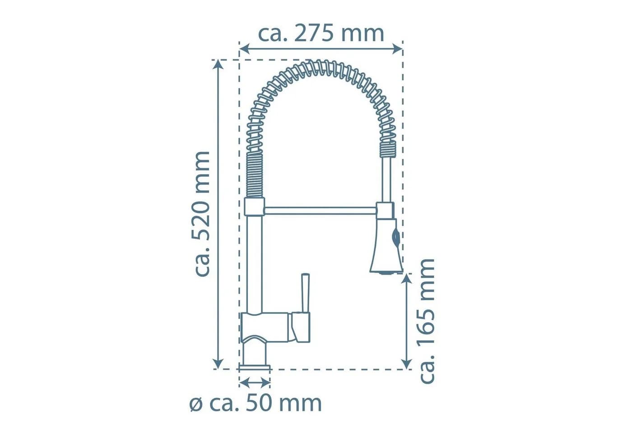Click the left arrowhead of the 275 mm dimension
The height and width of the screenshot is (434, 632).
tap(244, 49)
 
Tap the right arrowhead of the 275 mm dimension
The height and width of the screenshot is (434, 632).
tap(398, 49)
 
